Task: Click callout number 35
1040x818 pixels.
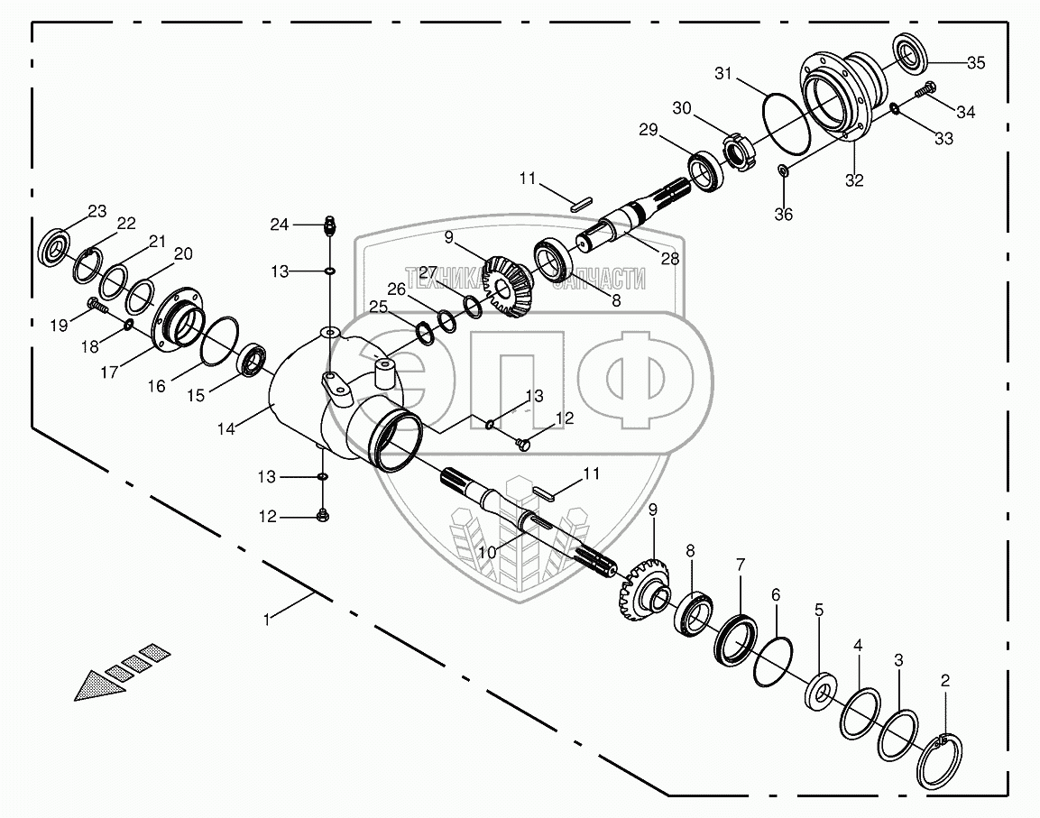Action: pos(976,63)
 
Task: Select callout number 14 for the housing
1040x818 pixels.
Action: pos(226,430)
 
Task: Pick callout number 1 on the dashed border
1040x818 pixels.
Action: pos(266,620)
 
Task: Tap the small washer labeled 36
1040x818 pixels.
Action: pos(783,170)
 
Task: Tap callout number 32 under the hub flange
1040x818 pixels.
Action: pos(853,180)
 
